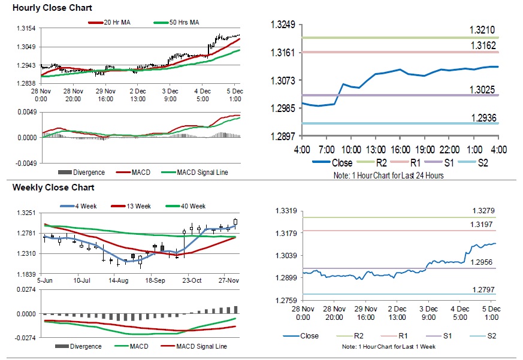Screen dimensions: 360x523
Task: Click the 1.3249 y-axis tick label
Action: [283, 25]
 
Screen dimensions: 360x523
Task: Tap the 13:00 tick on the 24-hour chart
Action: [376, 149]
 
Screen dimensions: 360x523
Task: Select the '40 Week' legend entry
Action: [194, 206]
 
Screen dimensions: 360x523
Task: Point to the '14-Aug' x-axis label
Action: [118, 280]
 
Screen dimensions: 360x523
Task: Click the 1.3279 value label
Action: [482, 210]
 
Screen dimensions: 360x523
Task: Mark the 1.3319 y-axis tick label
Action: [286, 210]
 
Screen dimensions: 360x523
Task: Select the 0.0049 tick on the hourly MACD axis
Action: [28, 112]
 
